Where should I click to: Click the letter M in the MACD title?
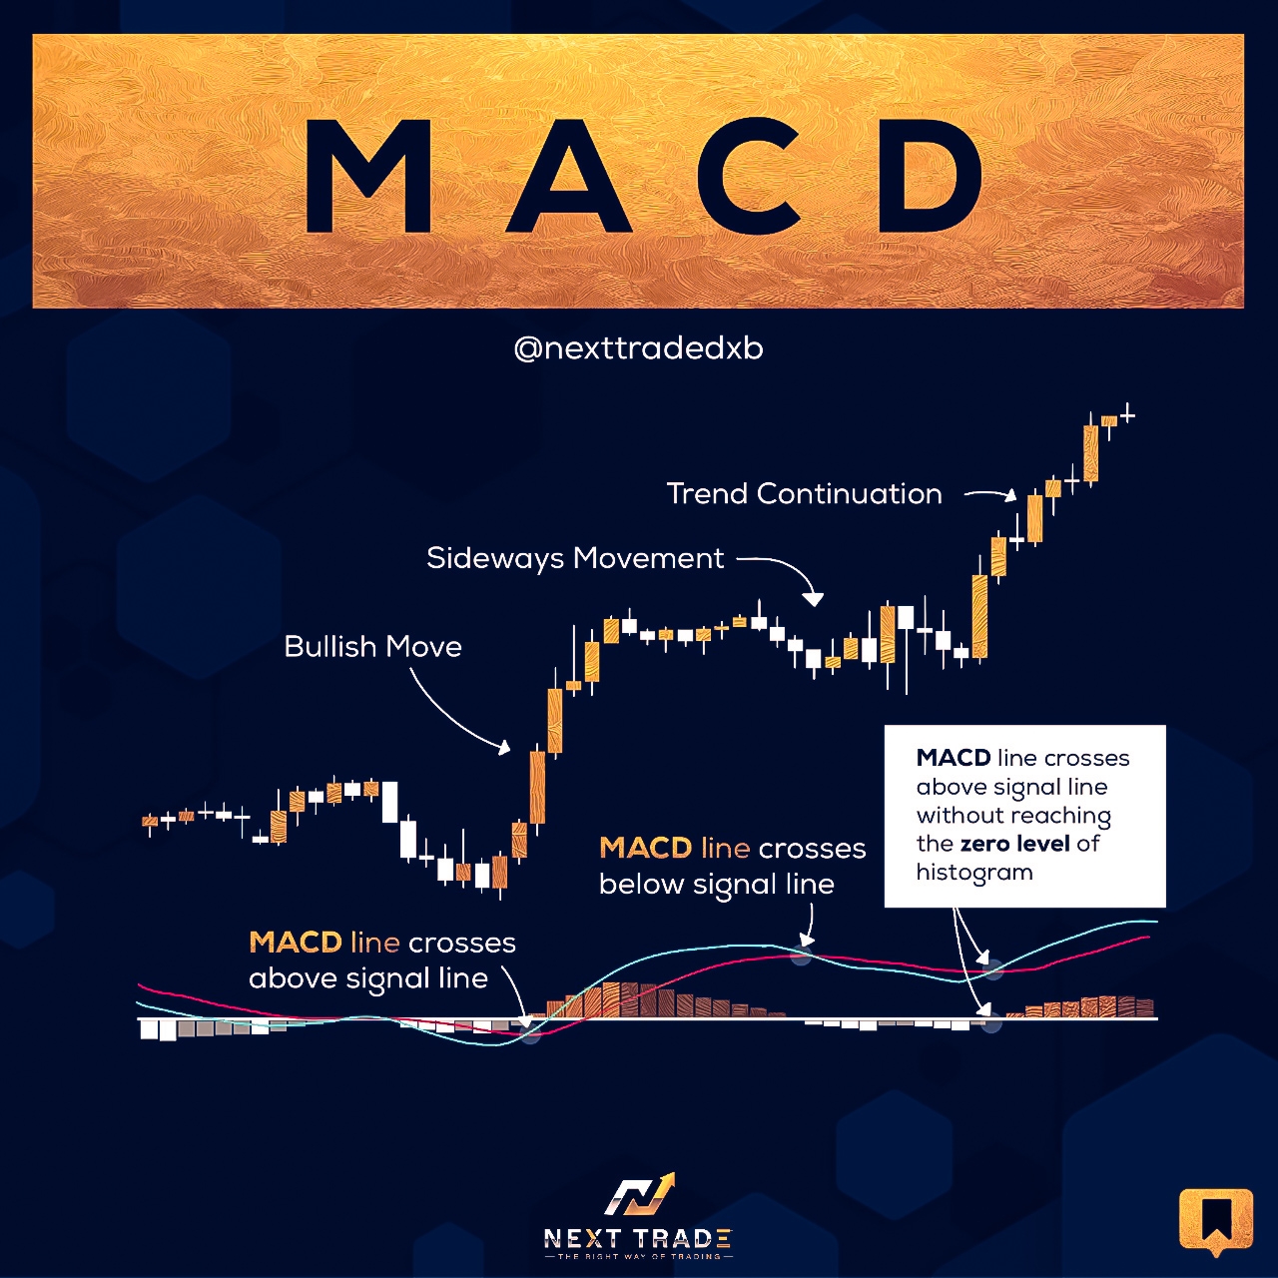coord(368,177)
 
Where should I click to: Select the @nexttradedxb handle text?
coord(639,348)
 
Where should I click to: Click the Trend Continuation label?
coord(804,494)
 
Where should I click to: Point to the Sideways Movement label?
coord(575,558)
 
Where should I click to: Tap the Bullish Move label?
coord(372,647)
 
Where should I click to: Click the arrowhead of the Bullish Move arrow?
coord(504,748)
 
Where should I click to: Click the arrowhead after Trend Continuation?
coord(1010,495)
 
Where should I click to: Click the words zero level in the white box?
coord(1014,844)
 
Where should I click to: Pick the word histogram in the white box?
coord(974,872)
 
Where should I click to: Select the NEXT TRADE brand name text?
coord(638,1237)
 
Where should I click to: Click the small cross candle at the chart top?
coord(1127,415)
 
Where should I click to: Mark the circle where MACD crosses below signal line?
coord(802,956)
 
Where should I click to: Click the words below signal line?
coord(716,884)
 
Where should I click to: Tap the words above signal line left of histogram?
coord(368,978)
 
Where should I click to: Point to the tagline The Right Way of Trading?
coord(638,1256)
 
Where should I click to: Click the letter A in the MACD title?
coord(568,177)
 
